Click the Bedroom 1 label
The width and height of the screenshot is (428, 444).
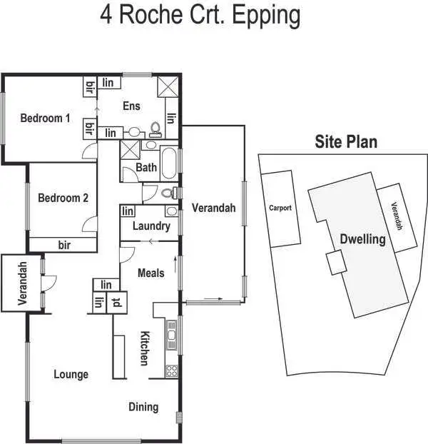[45, 118]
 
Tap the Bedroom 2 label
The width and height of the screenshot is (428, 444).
[63, 198]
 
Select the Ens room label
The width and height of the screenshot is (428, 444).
[131, 106]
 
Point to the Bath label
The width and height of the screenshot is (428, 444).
[146, 168]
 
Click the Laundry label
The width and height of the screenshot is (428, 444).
[151, 226]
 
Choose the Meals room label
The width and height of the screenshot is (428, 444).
[151, 273]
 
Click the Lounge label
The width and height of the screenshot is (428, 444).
[71, 374]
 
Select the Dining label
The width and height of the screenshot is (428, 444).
[143, 407]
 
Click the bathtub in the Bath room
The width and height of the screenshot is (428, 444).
[170, 163]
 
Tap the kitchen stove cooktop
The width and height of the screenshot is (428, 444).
[171, 370]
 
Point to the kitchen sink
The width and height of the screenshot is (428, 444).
[171, 333]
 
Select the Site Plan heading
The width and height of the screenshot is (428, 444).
[346, 142]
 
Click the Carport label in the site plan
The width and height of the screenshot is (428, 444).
[280, 208]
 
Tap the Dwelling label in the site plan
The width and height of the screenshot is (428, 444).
[362, 239]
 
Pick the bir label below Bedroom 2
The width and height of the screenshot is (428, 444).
[64, 245]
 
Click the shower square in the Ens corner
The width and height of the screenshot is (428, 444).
[168, 87]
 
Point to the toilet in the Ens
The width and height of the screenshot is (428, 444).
[154, 131]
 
